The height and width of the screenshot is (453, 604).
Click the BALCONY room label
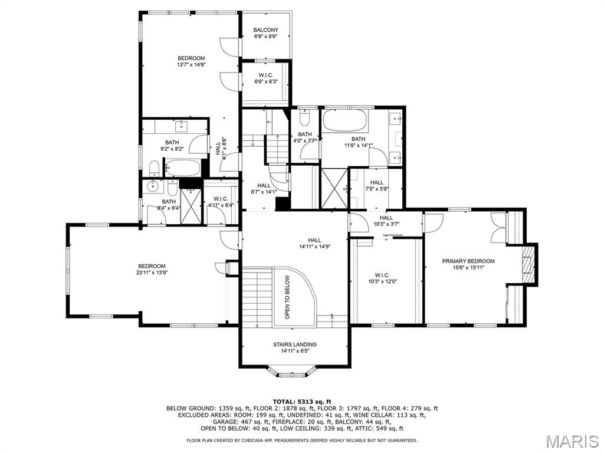[x=265, y=30]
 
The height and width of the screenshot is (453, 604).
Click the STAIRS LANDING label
[x=294, y=344]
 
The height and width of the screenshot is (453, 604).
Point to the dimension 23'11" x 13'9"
[x=152, y=273]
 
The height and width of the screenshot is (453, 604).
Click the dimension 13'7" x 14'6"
[x=191, y=65]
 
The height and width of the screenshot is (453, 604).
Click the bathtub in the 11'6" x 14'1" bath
[x=344, y=123]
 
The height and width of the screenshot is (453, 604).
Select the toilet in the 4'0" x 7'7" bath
[x=304, y=119]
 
